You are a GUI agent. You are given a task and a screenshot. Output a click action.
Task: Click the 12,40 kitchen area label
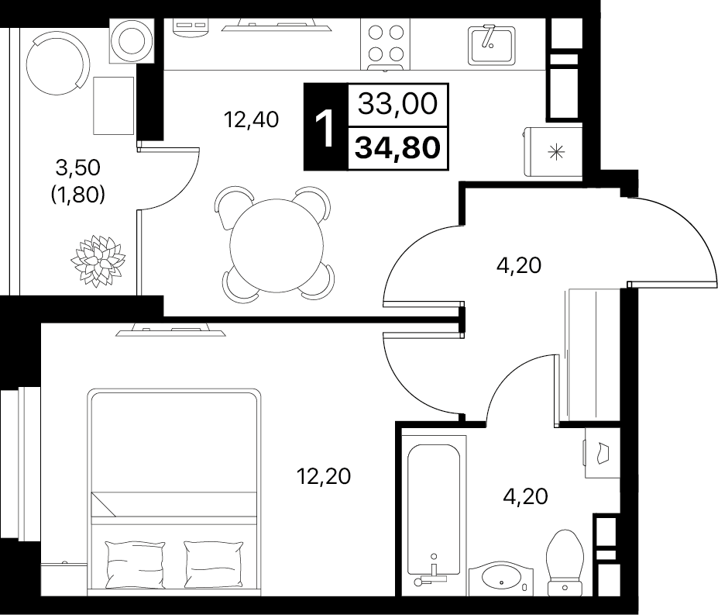click(251, 120)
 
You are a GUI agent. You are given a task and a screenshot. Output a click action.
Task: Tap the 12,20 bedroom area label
click(323, 476)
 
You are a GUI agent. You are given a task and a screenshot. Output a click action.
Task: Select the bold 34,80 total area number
click(397, 148)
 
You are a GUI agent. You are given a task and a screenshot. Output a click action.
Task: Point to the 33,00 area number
click(397, 104)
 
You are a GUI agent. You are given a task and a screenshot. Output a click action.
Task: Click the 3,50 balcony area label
click(78, 168)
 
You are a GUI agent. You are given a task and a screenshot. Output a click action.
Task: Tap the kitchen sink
click(492, 45)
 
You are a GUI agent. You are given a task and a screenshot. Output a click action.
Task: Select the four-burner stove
click(386, 44)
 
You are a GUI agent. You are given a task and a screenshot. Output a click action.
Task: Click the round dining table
click(277, 245)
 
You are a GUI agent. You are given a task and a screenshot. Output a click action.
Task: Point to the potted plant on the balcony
click(98, 261)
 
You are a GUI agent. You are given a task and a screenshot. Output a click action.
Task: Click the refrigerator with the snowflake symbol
click(553, 151)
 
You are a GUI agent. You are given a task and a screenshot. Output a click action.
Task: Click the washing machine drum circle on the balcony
click(132, 41)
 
